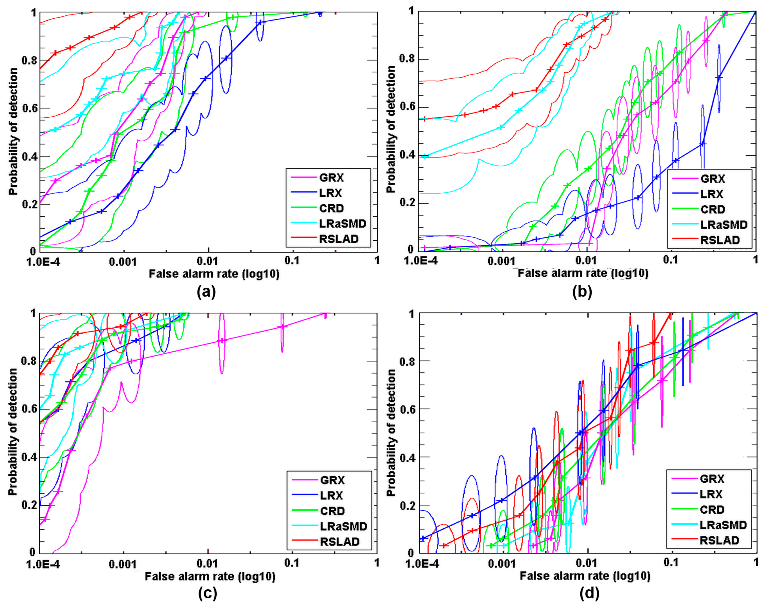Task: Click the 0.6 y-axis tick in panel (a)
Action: click(x=29, y=108)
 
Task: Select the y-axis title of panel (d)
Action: click(x=391, y=433)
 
